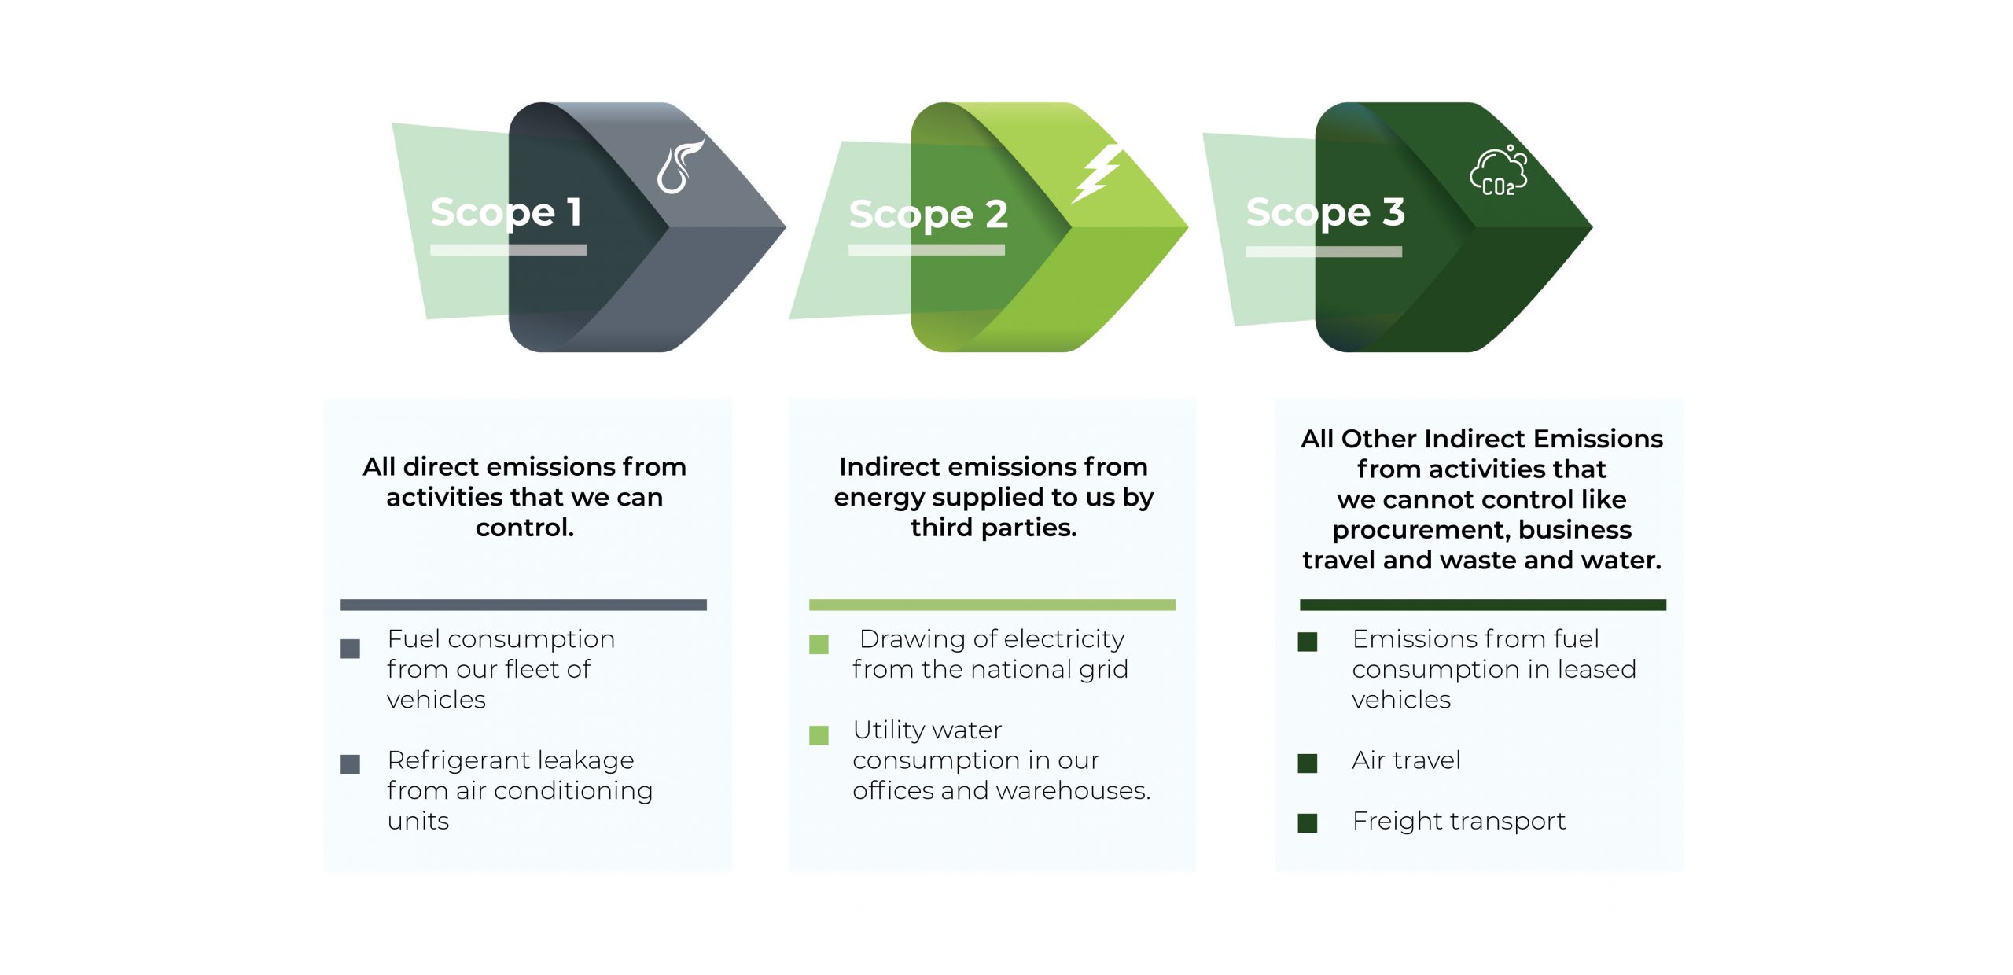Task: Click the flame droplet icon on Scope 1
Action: tap(679, 167)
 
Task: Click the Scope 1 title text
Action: tap(506, 212)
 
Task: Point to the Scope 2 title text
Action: tap(928, 215)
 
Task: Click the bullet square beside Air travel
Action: tap(1307, 763)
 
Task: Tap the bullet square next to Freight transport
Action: tap(1307, 823)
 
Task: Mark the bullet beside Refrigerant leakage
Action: tap(350, 763)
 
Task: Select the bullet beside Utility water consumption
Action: tap(819, 734)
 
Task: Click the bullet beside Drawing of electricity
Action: tap(819, 645)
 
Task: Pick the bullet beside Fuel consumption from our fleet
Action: tap(350, 648)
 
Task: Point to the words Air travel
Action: tap(1406, 760)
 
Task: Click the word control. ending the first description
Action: tap(524, 528)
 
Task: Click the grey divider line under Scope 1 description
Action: tap(523, 605)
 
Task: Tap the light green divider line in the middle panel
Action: tap(992, 605)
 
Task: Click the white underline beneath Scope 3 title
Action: tap(1323, 252)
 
